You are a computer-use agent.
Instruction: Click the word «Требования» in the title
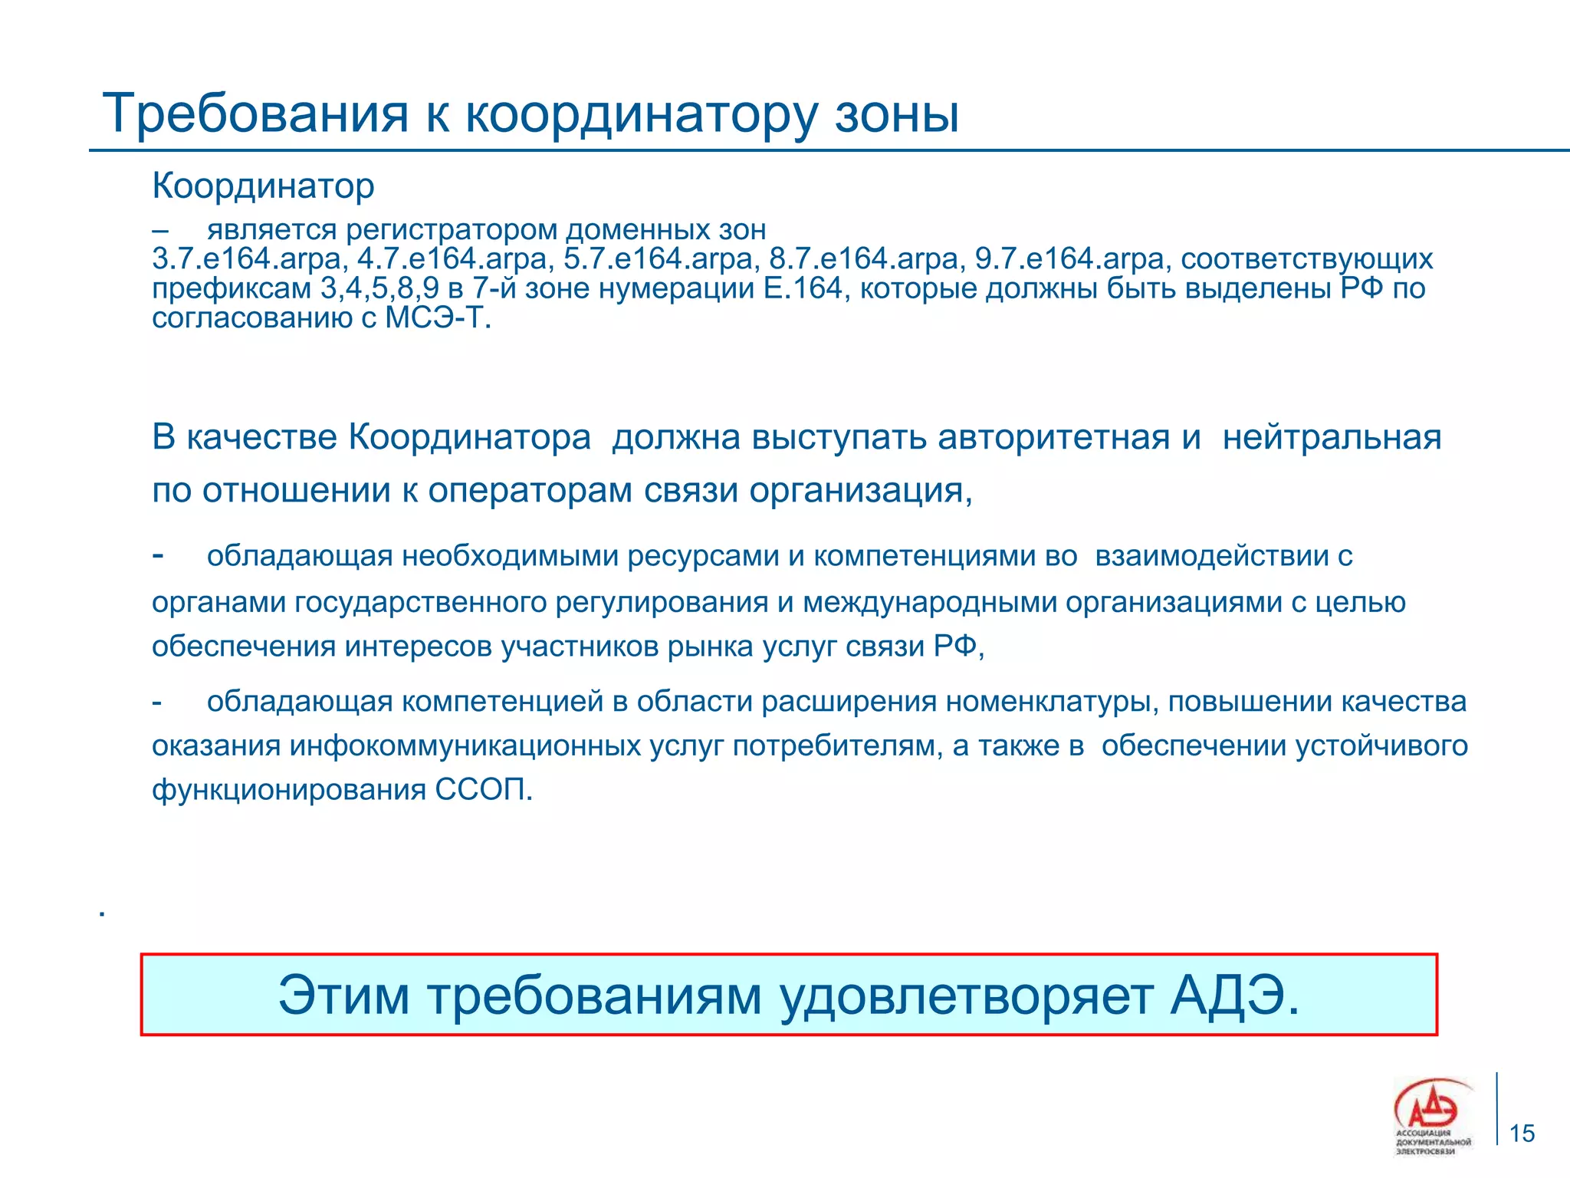(x=255, y=114)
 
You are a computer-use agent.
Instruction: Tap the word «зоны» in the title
(x=896, y=114)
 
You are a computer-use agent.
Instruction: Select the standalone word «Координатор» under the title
(x=263, y=186)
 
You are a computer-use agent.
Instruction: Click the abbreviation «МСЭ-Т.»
(x=438, y=317)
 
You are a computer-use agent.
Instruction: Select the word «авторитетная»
(x=1053, y=437)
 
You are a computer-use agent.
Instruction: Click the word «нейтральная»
(x=1332, y=437)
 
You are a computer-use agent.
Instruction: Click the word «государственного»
(x=421, y=602)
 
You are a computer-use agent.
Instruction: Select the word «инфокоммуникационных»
(x=465, y=745)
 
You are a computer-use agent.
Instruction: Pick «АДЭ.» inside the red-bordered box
(x=1235, y=995)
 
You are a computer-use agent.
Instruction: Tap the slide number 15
(x=1522, y=1133)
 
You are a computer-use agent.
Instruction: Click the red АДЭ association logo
(x=1430, y=1109)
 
